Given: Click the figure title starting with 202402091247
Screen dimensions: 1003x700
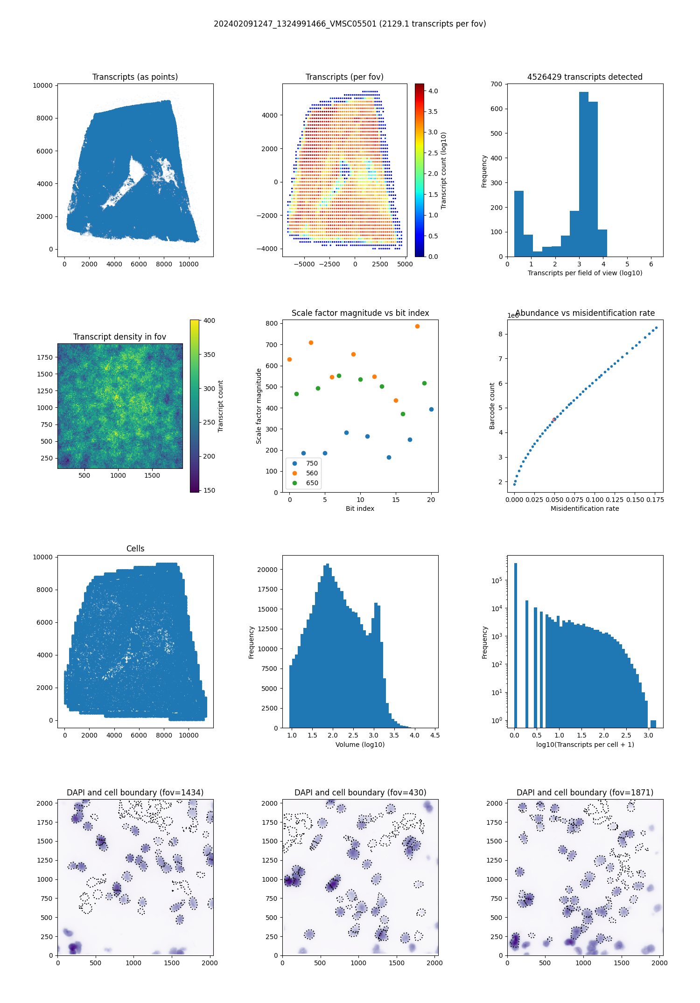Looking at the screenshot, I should tap(350, 24).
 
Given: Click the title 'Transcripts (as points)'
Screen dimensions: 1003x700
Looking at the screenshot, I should tap(135, 77).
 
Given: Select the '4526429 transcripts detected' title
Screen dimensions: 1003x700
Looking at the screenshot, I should tap(585, 77).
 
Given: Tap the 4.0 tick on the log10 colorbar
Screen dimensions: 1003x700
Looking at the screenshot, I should tap(433, 91).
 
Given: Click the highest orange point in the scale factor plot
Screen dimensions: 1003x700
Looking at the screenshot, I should tap(417, 327).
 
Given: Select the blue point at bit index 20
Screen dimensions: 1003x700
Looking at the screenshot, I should tap(431, 410).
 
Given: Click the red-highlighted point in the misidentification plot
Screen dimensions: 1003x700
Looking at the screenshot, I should tap(554, 420).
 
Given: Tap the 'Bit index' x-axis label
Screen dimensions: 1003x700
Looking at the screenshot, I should tap(360, 508).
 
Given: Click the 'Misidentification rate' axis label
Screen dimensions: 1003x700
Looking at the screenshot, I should tap(585, 508).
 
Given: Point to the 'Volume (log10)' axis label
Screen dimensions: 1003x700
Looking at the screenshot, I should tap(360, 745).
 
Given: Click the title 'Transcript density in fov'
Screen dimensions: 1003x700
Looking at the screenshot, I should tap(119, 337).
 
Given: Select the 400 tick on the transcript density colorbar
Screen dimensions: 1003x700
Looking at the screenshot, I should tap(209, 320).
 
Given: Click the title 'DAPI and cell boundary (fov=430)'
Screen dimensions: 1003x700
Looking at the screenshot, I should tap(360, 793).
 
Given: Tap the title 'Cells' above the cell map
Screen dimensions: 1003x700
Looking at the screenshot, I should tap(135, 549).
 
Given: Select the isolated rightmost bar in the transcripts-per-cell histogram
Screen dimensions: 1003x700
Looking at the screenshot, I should tap(653, 724).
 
